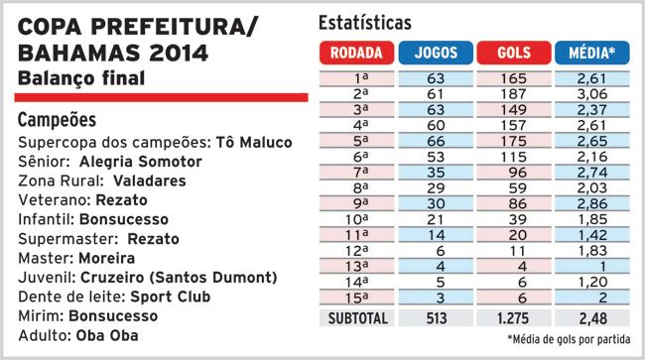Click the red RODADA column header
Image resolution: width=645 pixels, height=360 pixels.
(356, 53)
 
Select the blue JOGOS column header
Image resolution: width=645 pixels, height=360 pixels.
(436, 53)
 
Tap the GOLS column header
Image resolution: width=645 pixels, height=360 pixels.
(514, 53)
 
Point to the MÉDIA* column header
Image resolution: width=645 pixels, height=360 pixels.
(592, 53)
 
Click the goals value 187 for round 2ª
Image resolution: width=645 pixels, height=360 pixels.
(513, 94)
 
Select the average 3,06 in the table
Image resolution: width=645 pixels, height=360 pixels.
(592, 94)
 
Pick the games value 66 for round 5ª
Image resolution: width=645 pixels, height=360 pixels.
(436, 141)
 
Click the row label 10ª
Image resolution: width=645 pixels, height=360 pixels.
(356, 219)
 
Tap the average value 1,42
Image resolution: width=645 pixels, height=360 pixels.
(592, 235)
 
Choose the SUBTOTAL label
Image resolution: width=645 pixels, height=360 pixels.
(357, 318)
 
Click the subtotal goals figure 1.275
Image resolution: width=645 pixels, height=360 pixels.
(513, 318)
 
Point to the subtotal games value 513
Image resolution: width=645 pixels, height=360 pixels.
(436, 318)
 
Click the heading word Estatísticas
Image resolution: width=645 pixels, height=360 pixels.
(365, 23)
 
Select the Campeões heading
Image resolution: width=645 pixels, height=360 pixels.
(57, 120)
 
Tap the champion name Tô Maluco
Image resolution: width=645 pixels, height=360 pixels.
(254, 143)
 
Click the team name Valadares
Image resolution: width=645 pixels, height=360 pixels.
(150, 180)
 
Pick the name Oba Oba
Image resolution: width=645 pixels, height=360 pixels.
(107, 336)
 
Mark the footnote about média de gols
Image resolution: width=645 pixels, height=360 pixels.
(569, 339)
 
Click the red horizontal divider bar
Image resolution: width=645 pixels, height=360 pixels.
(161, 97)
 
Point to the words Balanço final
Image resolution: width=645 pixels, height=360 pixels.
(81, 78)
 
